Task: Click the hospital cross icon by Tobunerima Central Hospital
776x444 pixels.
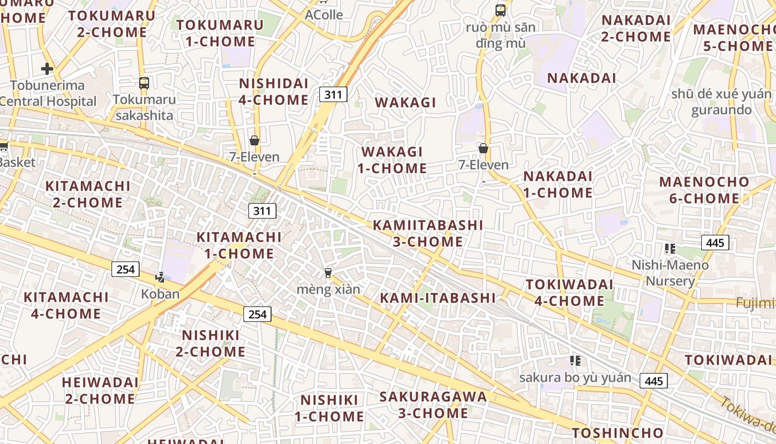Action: tap(47, 69)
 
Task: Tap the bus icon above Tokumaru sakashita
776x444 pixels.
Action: tap(144, 83)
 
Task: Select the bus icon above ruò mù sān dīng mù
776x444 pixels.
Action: tap(501, 10)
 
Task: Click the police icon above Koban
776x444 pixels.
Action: tap(160, 277)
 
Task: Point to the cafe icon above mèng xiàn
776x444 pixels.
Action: tap(328, 273)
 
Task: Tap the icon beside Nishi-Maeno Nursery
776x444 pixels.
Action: tap(670, 249)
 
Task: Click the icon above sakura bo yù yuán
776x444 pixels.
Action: tap(575, 361)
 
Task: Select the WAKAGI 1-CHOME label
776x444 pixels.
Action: tap(392, 160)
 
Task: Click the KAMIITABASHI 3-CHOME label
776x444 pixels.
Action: tap(428, 233)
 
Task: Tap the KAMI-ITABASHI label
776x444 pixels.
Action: tap(438, 298)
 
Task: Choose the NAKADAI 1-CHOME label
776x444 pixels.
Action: tap(558, 184)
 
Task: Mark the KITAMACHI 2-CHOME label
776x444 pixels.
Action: tap(88, 194)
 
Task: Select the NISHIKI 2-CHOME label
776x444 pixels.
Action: tap(211, 343)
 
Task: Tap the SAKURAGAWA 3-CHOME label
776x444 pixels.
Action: tap(433, 405)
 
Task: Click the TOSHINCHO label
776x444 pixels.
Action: tap(617, 433)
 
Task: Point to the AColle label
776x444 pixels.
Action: tap(324, 15)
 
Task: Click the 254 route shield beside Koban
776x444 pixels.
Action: tap(126, 269)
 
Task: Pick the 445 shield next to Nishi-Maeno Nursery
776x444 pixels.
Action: tap(715, 243)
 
